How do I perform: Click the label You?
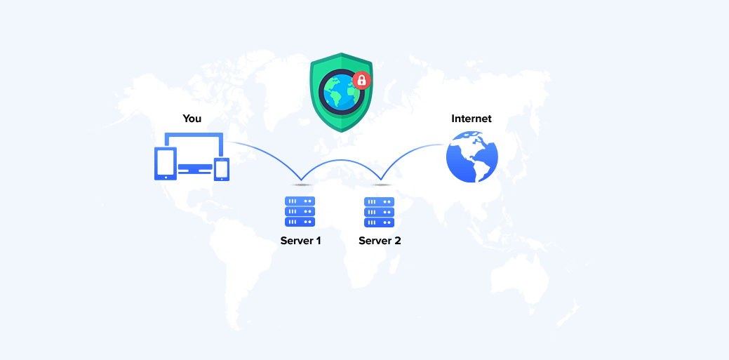click(x=192, y=118)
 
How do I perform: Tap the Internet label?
click(x=471, y=118)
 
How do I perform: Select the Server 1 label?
click(x=300, y=241)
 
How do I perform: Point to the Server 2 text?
click(x=380, y=241)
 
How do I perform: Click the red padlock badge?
click(x=361, y=80)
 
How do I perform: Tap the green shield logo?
click(x=341, y=92)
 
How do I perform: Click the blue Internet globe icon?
click(x=472, y=156)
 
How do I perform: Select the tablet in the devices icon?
click(x=165, y=164)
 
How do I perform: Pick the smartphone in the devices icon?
click(x=222, y=169)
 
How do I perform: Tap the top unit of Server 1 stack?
click(x=300, y=201)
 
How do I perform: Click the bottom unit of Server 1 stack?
click(x=300, y=222)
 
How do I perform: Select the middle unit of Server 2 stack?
click(x=379, y=212)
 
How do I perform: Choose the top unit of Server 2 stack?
click(x=379, y=201)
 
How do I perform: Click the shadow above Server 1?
click(x=301, y=185)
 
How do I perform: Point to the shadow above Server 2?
click(x=381, y=185)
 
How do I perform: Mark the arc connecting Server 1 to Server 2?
click(x=341, y=161)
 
